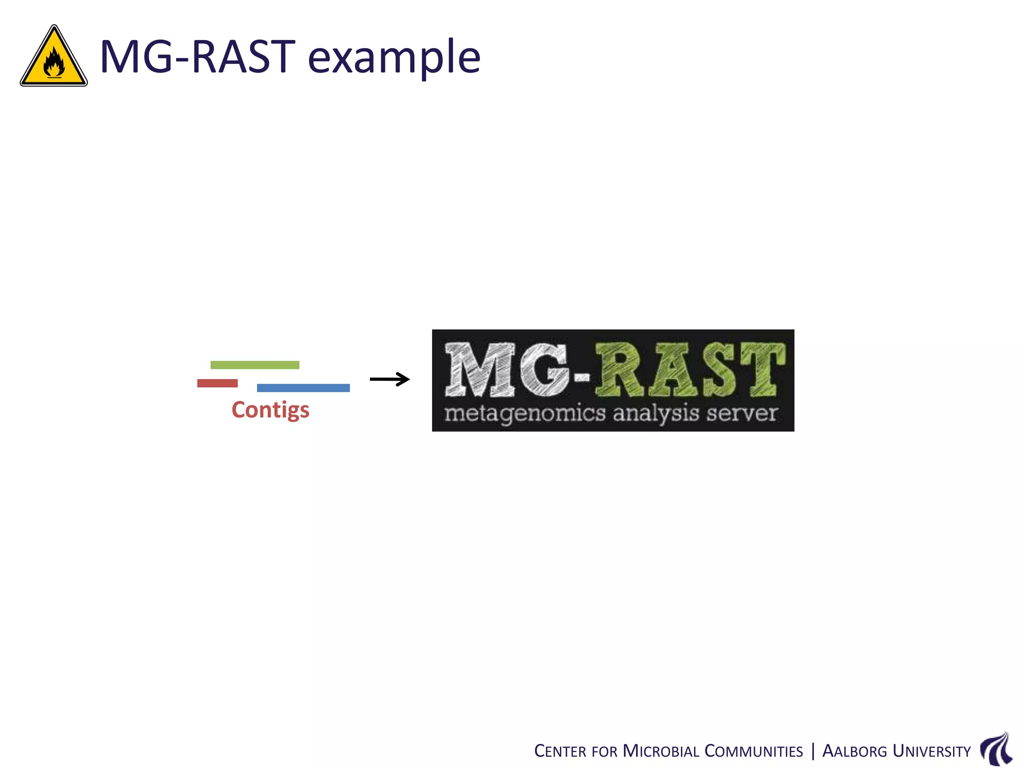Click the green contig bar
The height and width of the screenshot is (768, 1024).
coord(254,365)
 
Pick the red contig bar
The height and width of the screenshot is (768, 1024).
coord(217,383)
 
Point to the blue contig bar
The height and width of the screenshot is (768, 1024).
coord(303,388)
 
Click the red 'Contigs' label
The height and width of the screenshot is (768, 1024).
coord(270,410)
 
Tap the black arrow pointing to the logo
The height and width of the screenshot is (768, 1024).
coord(389,379)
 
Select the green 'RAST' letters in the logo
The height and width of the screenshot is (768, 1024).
coord(690,370)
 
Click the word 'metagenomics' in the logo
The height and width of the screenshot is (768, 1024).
coord(525,414)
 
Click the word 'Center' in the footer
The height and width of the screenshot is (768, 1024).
coord(559,751)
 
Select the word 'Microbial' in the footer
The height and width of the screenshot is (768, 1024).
coord(660,751)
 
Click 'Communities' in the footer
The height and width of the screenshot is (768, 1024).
coord(753,751)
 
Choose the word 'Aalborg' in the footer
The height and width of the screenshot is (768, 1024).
coord(854,751)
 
